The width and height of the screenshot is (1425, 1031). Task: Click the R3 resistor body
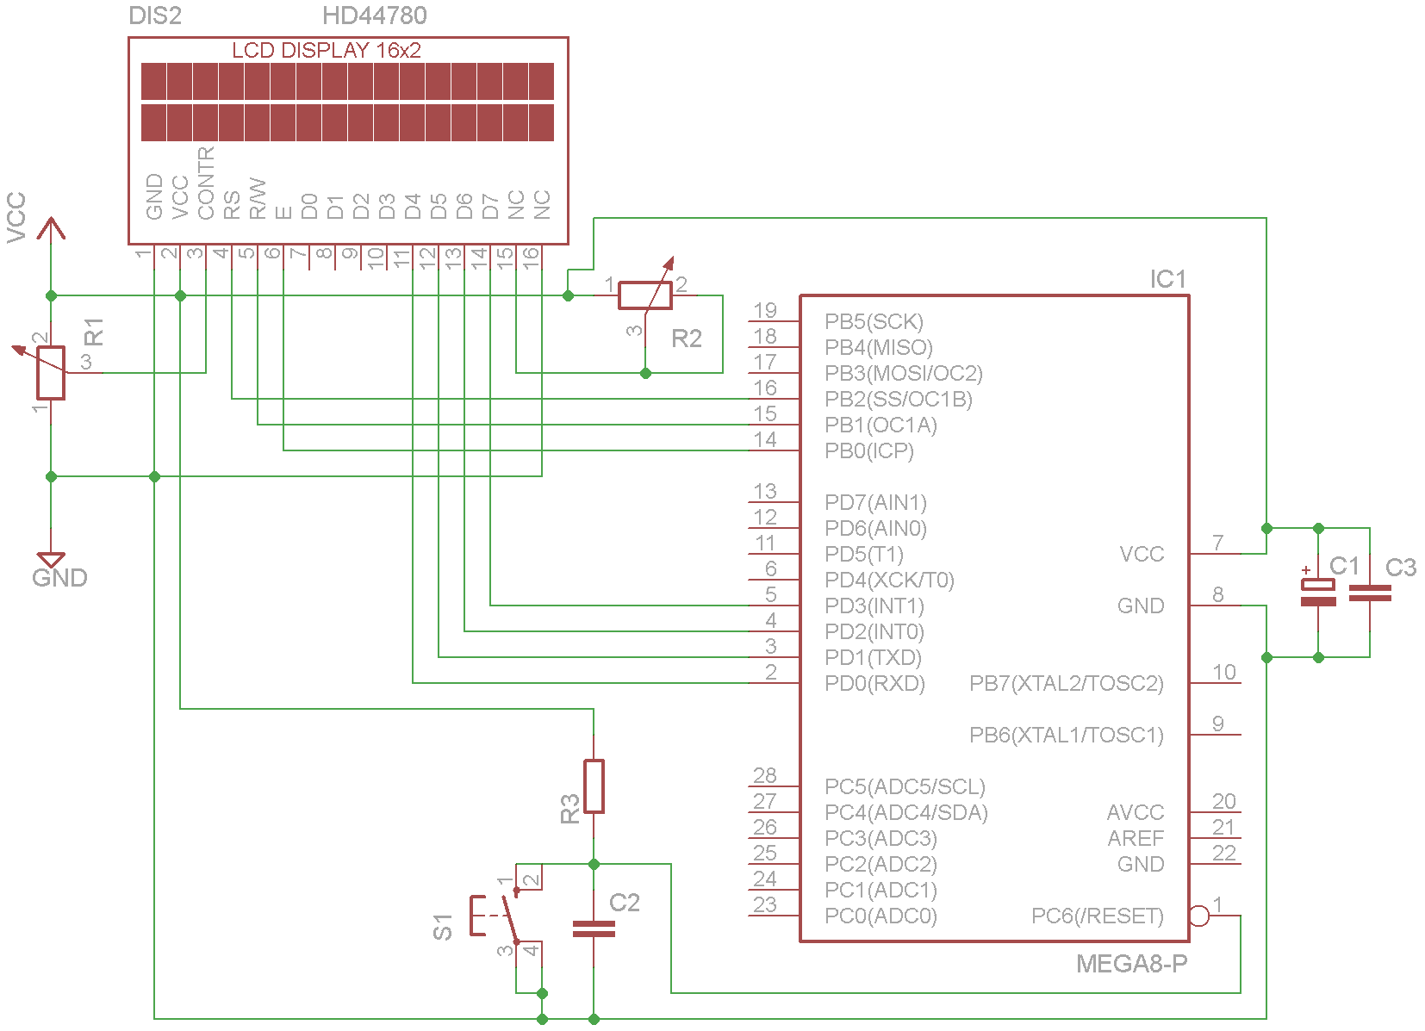(594, 786)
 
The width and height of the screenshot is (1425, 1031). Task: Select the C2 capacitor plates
(594, 929)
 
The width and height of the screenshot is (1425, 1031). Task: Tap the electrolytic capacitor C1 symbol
(1318, 593)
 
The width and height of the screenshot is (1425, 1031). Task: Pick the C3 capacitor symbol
(1370, 593)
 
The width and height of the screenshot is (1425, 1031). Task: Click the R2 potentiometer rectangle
(645, 295)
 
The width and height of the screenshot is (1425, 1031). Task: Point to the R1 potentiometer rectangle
(51, 373)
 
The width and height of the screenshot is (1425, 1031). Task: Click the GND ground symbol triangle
(51, 560)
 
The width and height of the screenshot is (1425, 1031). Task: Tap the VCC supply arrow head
(51, 227)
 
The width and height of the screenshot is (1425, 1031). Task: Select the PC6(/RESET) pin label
(1098, 916)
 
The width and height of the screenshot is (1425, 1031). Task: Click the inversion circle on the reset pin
(1199, 916)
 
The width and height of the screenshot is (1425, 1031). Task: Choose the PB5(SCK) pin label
(874, 322)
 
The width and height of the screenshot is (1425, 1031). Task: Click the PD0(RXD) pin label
(874, 683)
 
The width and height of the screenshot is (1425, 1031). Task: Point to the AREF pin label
(1136, 838)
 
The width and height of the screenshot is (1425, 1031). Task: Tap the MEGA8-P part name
(1132, 964)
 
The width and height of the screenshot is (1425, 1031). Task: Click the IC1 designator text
(1168, 279)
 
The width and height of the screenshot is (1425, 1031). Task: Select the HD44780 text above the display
(375, 16)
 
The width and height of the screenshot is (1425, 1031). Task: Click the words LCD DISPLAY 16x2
(327, 50)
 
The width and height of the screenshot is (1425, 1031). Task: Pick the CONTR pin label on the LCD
(206, 183)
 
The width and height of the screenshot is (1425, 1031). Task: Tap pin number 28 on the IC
(765, 775)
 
